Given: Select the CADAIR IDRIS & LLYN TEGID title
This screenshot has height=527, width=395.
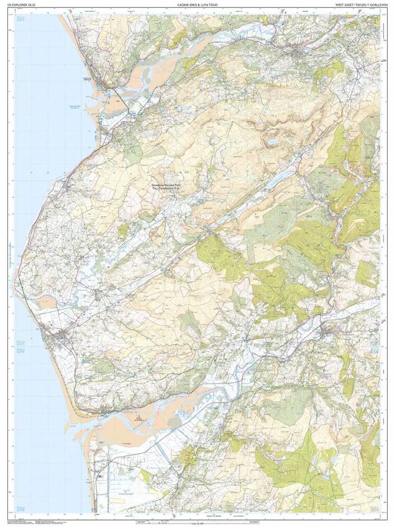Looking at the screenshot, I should tap(197, 5).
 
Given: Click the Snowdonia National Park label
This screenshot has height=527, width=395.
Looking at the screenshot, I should tap(166, 185).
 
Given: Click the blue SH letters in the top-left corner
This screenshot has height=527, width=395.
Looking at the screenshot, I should tap(21, 20).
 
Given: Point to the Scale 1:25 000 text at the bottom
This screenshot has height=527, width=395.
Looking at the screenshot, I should tap(197, 523).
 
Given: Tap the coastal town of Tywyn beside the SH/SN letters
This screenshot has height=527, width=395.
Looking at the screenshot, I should tap(62, 337).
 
